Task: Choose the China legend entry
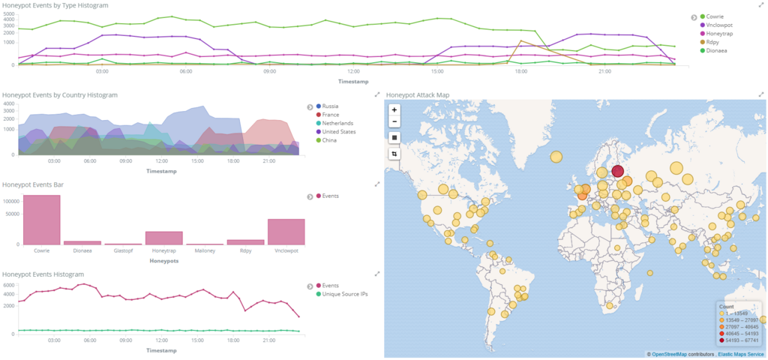pos(327,140)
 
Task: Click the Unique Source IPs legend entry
pos(342,294)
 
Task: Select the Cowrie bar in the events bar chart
pos(42,220)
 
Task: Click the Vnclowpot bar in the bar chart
pos(286,232)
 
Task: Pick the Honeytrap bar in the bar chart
pos(164,238)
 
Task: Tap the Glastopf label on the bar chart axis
pos(124,250)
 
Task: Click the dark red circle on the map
pos(618,171)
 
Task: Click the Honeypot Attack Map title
pos(418,95)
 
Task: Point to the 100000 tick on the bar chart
pos(10,201)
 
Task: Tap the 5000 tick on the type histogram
pos(10,13)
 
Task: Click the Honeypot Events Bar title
pos(33,184)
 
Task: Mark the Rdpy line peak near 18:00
pos(520,40)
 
